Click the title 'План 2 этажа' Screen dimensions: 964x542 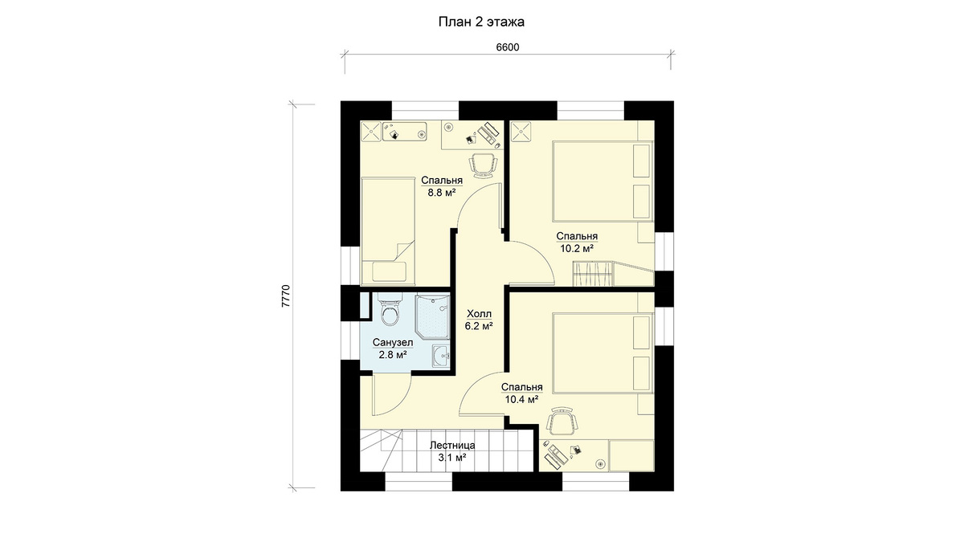(x=481, y=22)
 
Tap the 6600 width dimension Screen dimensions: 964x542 (x=508, y=47)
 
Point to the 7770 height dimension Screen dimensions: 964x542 (x=286, y=296)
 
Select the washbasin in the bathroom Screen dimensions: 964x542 (x=441, y=357)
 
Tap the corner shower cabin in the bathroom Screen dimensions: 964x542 (x=432, y=316)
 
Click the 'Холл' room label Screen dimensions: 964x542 (x=479, y=314)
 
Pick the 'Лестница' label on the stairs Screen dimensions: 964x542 (x=452, y=445)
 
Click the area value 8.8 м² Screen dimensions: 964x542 (x=442, y=193)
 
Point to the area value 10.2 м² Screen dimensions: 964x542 (x=577, y=248)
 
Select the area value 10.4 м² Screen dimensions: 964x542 (x=521, y=400)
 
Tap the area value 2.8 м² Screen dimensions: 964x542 (x=393, y=355)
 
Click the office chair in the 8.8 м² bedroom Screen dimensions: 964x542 (x=483, y=165)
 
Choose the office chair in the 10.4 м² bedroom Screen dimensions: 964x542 (x=562, y=420)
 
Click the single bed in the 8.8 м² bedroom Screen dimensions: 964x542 (x=388, y=231)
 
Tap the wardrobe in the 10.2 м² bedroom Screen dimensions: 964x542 (x=592, y=275)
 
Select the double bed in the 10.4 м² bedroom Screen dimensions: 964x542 (x=602, y=353)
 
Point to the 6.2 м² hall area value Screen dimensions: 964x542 (x=479, y=326)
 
